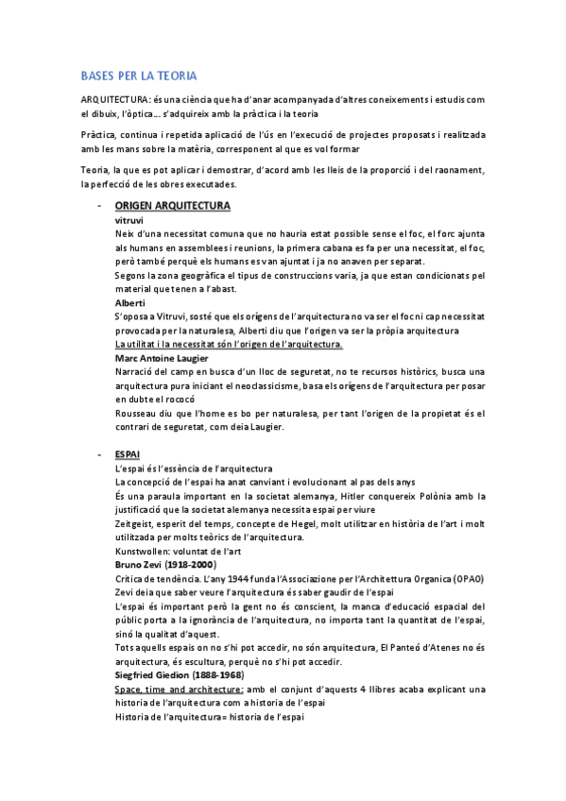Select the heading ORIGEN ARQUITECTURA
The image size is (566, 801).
coord(172,205)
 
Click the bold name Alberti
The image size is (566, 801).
coord(129,302)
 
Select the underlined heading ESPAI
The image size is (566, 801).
coord(127,454)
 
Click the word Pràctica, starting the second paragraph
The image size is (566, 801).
coord(100,135)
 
